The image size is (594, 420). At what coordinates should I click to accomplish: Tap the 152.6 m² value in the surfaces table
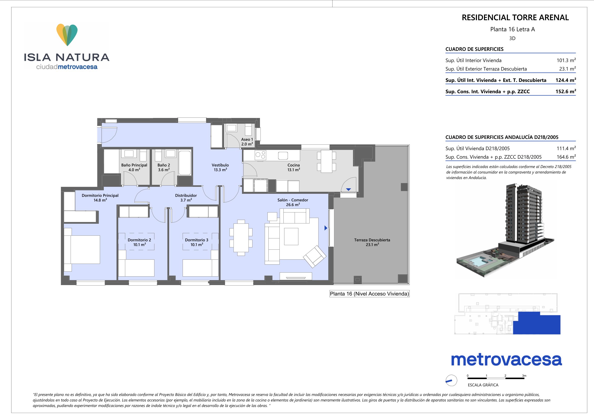(566, 91)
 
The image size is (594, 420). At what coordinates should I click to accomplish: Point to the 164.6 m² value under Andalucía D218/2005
(566, 157)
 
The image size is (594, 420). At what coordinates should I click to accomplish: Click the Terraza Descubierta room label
(372, 242)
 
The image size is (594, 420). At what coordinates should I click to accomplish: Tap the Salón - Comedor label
(293, 202)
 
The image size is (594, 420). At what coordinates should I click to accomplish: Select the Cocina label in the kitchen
(294, 167)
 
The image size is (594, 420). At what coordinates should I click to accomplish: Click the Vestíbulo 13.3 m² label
(220, 167)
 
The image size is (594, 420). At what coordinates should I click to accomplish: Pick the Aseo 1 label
(247, 142)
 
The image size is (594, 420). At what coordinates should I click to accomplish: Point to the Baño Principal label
(134, 167)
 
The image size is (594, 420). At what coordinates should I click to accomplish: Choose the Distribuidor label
(186, 198)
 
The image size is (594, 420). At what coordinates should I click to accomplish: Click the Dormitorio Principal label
(100, 198)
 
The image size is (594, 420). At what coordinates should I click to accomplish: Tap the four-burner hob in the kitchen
(260, 155)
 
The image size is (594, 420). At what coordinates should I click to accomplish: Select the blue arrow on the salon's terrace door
(326, 228)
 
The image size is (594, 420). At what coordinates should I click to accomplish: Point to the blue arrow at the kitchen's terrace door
(349, 189)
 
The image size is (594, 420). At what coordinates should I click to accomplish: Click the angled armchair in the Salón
(315, 256)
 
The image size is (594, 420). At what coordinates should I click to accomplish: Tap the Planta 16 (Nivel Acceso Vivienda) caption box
(369, 294)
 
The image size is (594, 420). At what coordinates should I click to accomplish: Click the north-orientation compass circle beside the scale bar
(452, 381)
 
